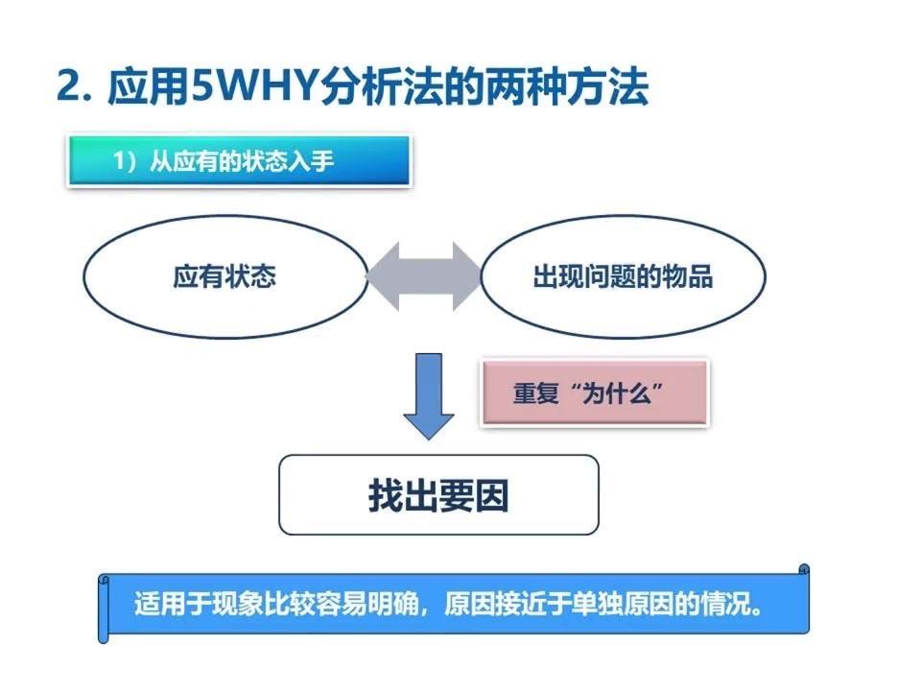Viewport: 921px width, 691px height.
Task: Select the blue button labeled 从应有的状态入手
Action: [240, 161]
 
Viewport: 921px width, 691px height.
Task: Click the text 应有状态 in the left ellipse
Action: [224, 277]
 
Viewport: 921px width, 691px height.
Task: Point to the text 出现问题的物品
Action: [623, 277]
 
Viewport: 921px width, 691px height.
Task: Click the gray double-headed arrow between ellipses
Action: [423, 276]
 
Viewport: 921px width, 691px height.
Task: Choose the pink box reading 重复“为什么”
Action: [594, 394]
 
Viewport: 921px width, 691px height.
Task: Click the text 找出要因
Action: [438, 494]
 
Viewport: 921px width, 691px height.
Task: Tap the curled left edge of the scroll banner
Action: [104, 607]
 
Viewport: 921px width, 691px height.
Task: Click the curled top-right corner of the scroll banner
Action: [803, 571]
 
